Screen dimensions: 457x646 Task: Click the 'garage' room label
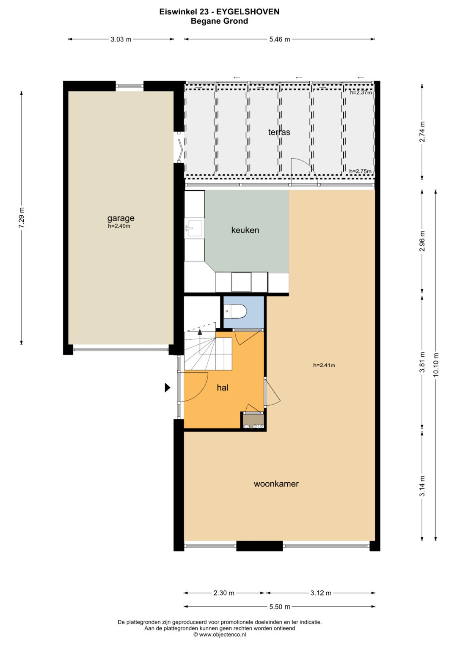121,218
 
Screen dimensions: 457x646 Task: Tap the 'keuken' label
245,230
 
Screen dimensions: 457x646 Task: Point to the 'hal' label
223,388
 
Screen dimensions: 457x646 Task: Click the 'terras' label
279,132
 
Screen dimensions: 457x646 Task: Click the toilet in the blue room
236,312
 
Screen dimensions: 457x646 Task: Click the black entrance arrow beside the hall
167,388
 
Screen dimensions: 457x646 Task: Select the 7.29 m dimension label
22,217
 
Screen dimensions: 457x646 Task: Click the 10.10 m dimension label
436,364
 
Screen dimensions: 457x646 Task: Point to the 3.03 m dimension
121,39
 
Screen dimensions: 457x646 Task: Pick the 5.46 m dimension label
280,39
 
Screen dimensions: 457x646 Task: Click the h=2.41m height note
324,365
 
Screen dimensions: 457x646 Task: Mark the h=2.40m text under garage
119,226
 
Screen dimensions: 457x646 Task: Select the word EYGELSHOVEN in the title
248,11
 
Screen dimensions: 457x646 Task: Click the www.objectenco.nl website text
222,634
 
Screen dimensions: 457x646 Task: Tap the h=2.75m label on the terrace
361,171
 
